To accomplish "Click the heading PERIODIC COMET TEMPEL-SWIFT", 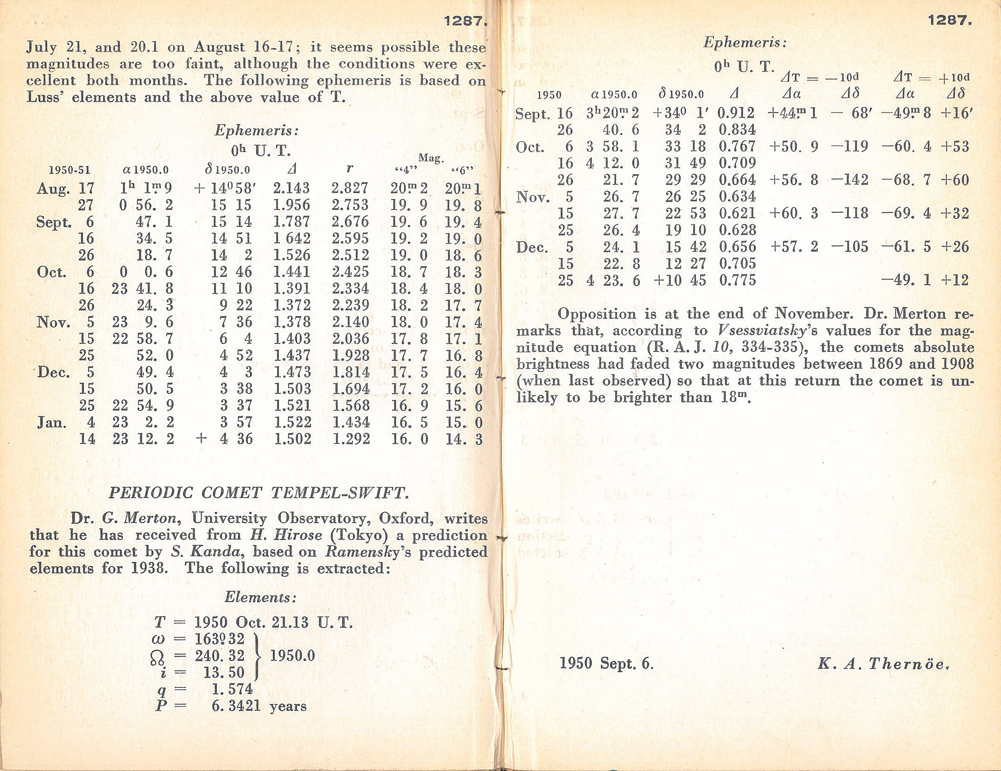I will (258, 493).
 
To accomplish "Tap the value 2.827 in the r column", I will (350, 188).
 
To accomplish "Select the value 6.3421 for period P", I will (236, 706).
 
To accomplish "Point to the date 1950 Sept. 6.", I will (606, 663).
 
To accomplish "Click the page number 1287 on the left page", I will (465, 21).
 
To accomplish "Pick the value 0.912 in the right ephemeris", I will (737, 113).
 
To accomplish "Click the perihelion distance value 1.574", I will (232, 689).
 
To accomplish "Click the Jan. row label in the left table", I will (52, 422).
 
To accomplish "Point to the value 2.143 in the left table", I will (291, 188).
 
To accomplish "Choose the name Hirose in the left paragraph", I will (298, 535).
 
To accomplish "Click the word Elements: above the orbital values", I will (260, 597).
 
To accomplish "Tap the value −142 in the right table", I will (849, 180).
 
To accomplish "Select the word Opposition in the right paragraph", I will (597, 314).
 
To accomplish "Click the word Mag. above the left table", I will (431, 158).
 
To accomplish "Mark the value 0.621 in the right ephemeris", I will (737, 213).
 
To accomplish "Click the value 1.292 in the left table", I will (351, 439).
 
